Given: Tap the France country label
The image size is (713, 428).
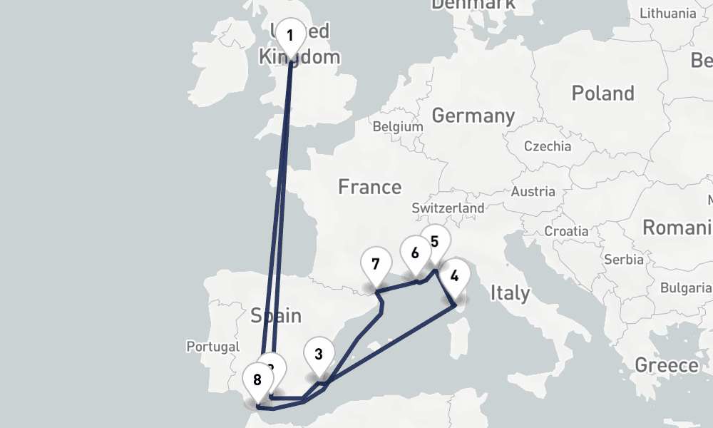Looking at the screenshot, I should pos(369,187).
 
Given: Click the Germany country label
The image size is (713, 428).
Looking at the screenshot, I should pos(473,116).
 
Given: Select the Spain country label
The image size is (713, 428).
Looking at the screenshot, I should pos(275,315).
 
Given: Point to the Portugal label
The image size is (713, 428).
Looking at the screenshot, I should pos(213,347).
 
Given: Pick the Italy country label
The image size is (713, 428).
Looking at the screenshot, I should pos(510,292).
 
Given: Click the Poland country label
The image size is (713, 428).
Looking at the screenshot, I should pos(602,93).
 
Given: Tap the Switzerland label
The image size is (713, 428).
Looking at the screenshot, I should pos(448,208).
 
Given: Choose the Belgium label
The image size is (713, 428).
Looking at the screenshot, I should pos(398,126).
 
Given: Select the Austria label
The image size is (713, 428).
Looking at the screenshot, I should pos(533,191).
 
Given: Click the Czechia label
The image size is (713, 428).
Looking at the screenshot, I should pos(548,146).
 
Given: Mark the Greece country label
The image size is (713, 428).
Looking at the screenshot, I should pos(667,366).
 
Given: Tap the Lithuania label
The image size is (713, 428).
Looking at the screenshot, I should pos(668,14).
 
